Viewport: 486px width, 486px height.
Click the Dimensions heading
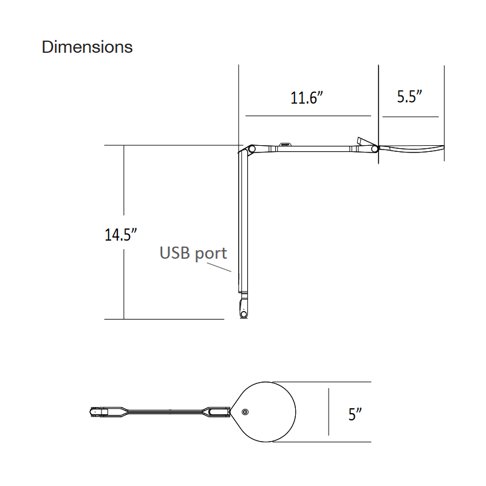pyautogui.click(x=87, y=47)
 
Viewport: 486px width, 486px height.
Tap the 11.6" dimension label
pyautogui.click(x=307, y=98)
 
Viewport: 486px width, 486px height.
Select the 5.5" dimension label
pyautogui.click(x=409, y=97)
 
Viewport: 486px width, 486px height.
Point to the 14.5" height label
pyautogui.click(x=120, y=234)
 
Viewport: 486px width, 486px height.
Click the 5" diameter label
pyautogui.click(x=355, y=414)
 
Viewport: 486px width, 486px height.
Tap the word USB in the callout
pyautogui.click(x=174, y=253)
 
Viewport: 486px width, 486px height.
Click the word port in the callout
pyautogui.click(x=211, y=254)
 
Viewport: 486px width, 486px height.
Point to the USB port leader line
pyautogui.click(x=219, y=267)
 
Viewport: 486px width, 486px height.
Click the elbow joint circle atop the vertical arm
pyautogui.click(x=252, y=149)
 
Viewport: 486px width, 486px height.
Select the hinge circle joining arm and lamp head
pyautogui.click(x=374, y=149)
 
